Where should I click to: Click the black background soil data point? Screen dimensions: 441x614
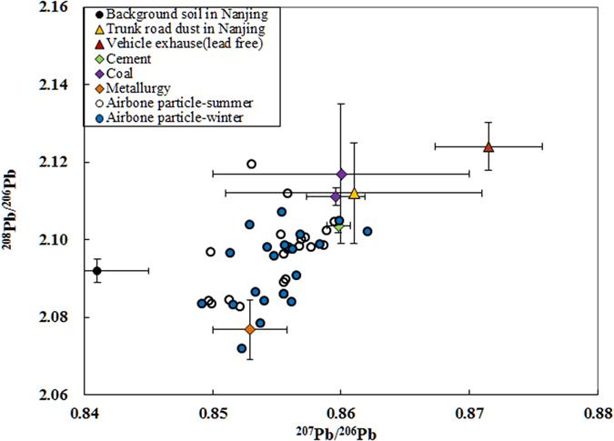(97, 270)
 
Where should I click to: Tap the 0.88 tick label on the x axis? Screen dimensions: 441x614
(598, 414)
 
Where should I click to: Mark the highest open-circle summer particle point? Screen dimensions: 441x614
(251, 165)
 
